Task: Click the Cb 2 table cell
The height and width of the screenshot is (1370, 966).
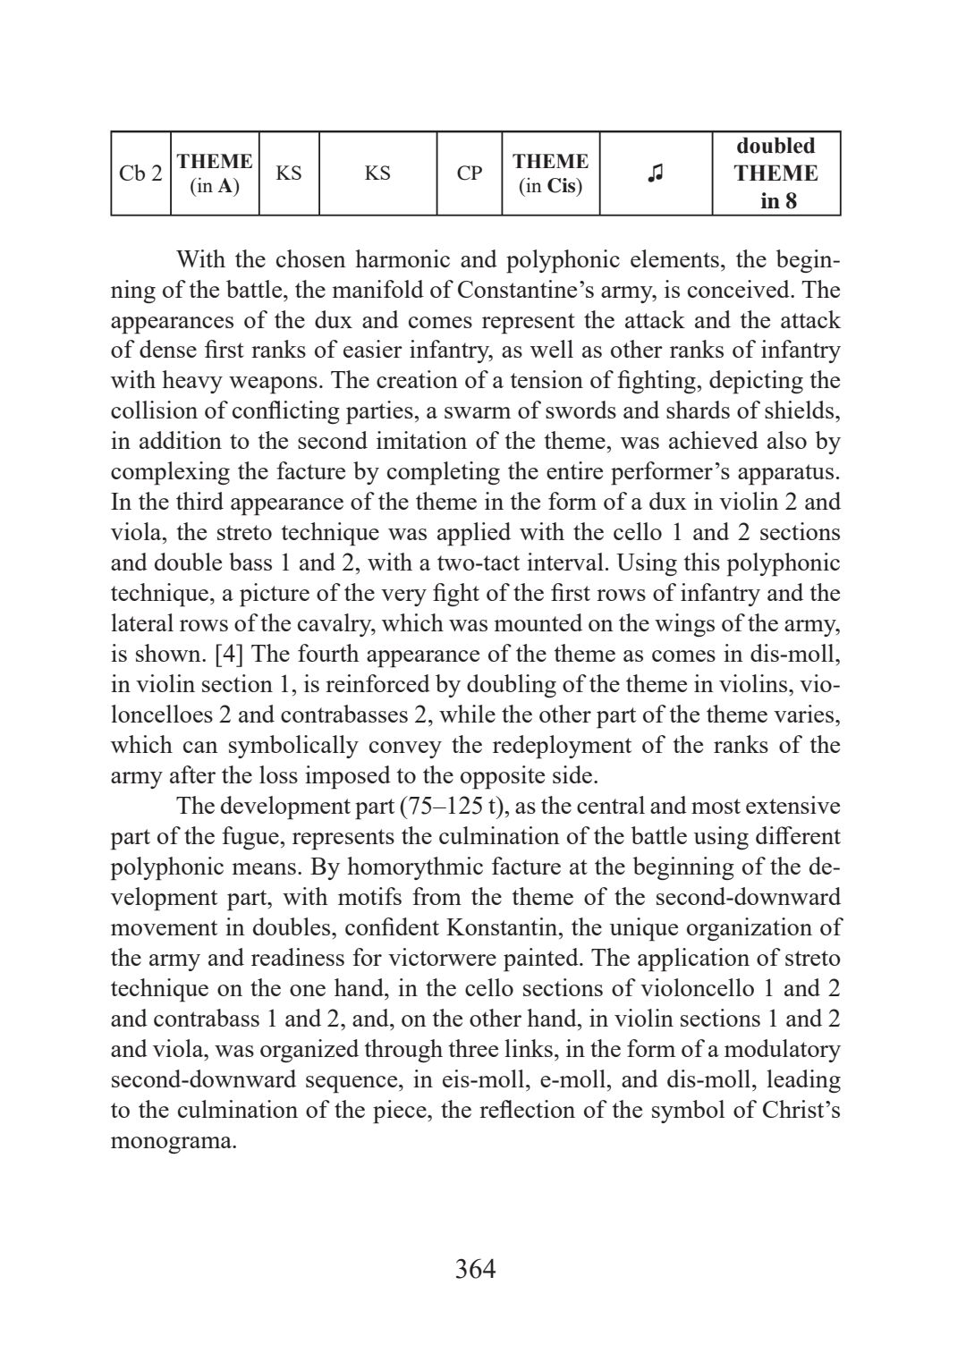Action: [140, 173]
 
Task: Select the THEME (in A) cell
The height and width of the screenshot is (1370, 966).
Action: [215, 173]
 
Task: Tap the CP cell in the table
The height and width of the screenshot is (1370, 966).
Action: [469, 173]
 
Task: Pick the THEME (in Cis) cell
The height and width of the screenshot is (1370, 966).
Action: [550, 173]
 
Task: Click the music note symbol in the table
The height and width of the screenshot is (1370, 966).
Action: [656, 173]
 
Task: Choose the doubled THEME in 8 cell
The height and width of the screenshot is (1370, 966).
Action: [775, 173]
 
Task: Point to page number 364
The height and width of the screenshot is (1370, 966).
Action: [475, 1269]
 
